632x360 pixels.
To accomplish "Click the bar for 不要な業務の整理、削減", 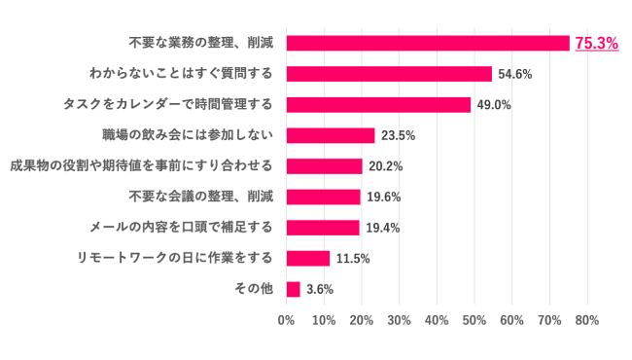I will tap(428, 43).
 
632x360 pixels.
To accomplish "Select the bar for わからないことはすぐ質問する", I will tap(389, 74).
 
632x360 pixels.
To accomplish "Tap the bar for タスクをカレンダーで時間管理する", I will tap(378, 104).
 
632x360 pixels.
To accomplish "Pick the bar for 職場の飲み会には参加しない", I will tap(331, 135).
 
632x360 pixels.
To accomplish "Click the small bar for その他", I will tap(294, 289).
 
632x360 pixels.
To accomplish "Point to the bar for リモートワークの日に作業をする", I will tap(308, 258).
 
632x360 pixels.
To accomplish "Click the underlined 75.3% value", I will tap(597, 43).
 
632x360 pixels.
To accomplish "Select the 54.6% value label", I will tap(515, 74).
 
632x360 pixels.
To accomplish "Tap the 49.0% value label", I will tap(494, 105).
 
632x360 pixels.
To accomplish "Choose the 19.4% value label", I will tap(383, 228).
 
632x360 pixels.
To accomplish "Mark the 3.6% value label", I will tap(320, 290).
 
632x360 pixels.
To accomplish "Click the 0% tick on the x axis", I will tap(287, 319).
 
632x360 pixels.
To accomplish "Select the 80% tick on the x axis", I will tap(586, 319).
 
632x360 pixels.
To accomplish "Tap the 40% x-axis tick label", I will tap(437, 319).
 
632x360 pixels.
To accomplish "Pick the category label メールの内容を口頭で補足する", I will tap(175, 228).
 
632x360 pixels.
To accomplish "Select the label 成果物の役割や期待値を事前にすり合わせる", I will tap(140, 165).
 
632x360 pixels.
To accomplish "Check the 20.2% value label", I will tap(386, 166).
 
